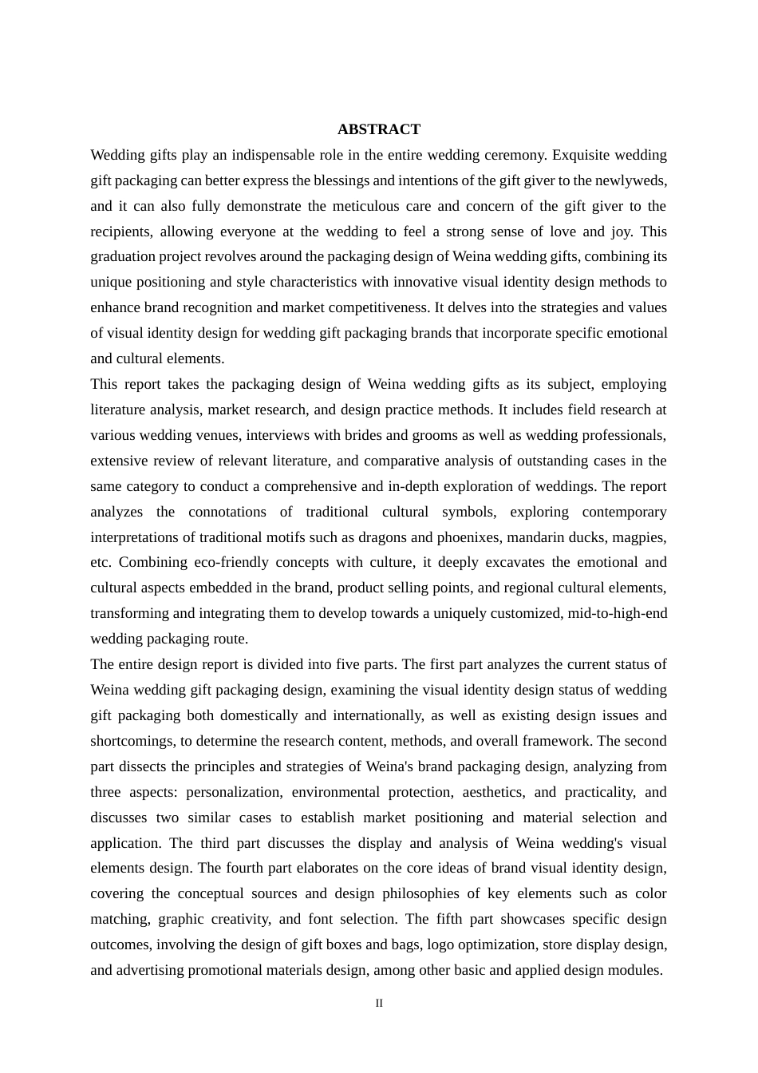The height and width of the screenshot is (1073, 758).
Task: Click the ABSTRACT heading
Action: [378, 129]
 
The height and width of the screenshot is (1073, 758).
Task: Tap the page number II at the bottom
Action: [379, 1004]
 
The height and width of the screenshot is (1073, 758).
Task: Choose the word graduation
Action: [122, 256]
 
